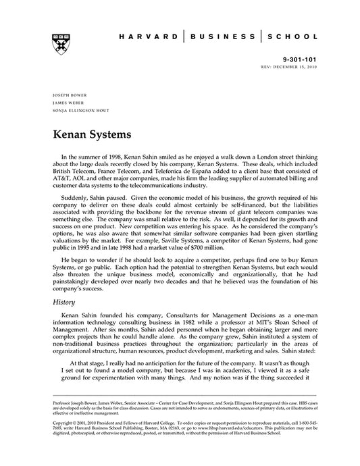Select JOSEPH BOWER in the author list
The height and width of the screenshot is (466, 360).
point(68,95)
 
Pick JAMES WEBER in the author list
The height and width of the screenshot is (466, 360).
point(66,103)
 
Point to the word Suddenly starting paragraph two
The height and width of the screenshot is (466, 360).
point(79,199)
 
